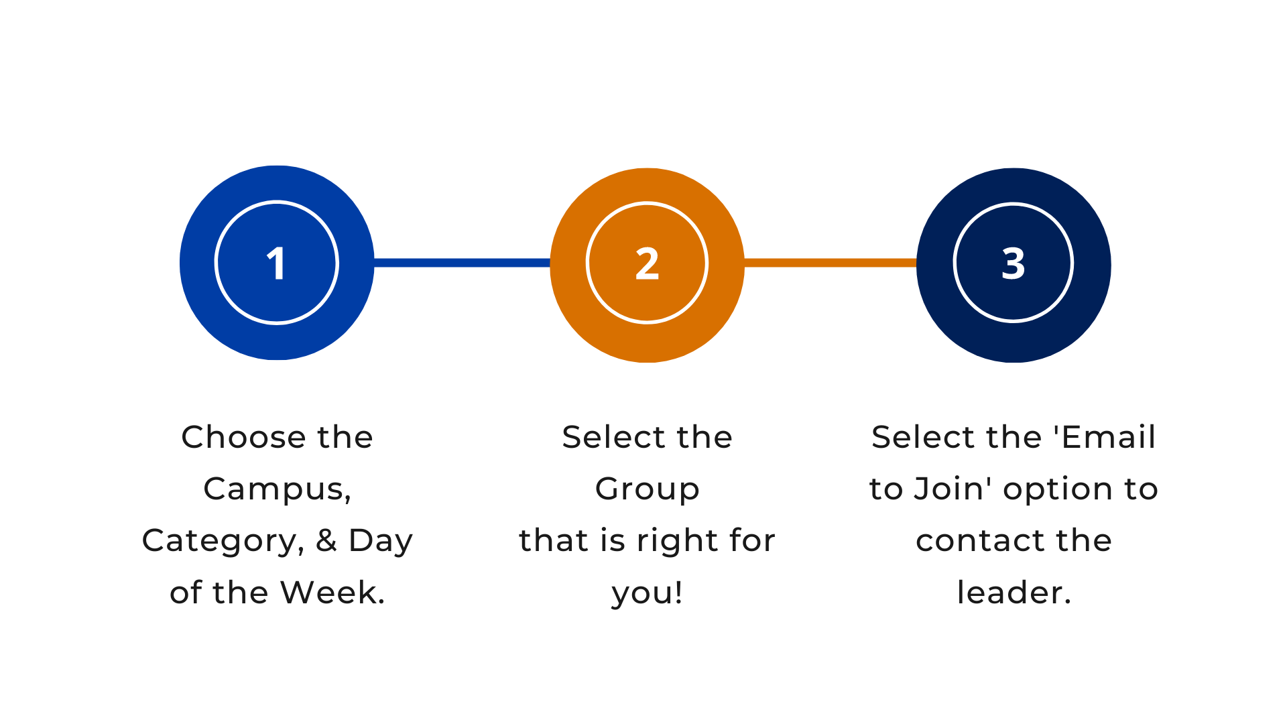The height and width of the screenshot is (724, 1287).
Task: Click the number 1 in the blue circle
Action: tap(276, 263)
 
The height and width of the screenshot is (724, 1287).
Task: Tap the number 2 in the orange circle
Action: tap(647, 263)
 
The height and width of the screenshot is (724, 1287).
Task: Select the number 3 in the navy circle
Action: tap(1014, 263)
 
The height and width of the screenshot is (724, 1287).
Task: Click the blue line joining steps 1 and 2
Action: tap(462, 263)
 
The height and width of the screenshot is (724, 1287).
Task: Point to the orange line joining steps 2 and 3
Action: tap(831, 263)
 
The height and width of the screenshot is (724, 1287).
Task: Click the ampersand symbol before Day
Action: tap(326, 540)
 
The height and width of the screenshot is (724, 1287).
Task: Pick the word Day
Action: tap(381, 541)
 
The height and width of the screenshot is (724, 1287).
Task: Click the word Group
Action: tap(647, 489)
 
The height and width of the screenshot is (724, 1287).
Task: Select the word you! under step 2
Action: tap(647, 593)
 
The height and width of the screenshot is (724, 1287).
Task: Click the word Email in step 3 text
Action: tap(1109, 437)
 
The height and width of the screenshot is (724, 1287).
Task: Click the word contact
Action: tap(967, 541)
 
